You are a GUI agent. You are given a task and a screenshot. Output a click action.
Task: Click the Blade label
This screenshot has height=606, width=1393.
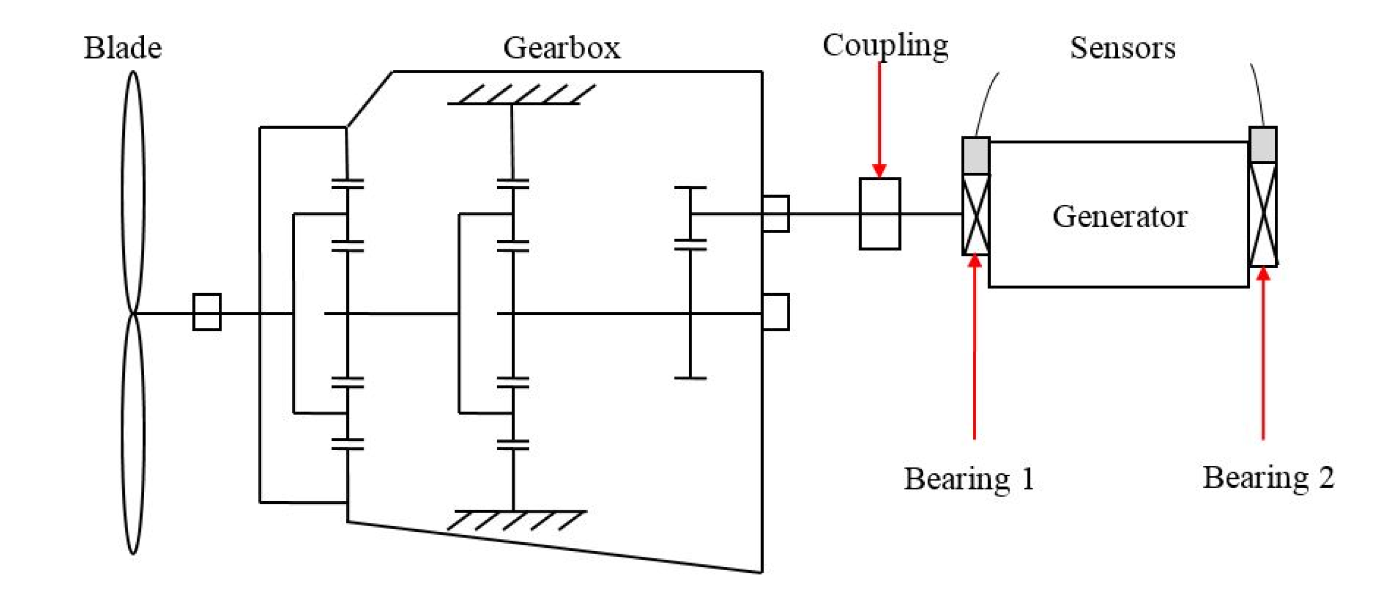click(x=123, y=48)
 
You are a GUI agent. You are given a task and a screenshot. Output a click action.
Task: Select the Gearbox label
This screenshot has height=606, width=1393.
click(x=562, y=48)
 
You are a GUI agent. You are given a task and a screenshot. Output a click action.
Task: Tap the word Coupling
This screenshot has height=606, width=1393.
click(x=885, y=46)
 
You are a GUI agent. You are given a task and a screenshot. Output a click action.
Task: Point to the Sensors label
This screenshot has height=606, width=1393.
click(x=1122, y=48)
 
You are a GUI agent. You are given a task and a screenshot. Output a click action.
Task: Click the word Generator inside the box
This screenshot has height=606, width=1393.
click(x=1119, y=216)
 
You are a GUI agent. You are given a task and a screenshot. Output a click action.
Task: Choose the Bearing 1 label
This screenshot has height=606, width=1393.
click(x=969, y=478)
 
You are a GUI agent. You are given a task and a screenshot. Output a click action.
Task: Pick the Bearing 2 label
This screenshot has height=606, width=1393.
click(x=1268, y=477)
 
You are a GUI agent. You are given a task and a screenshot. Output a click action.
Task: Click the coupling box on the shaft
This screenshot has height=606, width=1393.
click(x=880, y=214)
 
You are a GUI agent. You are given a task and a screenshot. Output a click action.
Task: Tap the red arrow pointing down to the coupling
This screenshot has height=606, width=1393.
click(x=879, y=119)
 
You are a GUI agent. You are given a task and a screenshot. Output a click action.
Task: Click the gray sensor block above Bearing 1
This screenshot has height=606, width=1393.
click(x=976, y=156)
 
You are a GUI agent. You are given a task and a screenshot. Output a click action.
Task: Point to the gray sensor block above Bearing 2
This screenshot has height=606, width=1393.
click(x=1263, y=144)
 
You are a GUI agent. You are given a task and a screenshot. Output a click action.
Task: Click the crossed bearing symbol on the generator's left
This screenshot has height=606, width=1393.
click(x=976, y=214)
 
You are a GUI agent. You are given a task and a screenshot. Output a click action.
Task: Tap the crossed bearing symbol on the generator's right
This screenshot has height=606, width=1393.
click(x=1263, y=214)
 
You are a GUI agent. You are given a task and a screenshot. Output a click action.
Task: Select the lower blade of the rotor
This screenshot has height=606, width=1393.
click(x=133, y=433)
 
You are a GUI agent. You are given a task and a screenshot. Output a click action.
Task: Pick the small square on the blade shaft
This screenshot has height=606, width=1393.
click(x=207, y=312)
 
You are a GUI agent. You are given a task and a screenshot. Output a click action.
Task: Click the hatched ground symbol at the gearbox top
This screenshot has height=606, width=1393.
click(x=519, y=94)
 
